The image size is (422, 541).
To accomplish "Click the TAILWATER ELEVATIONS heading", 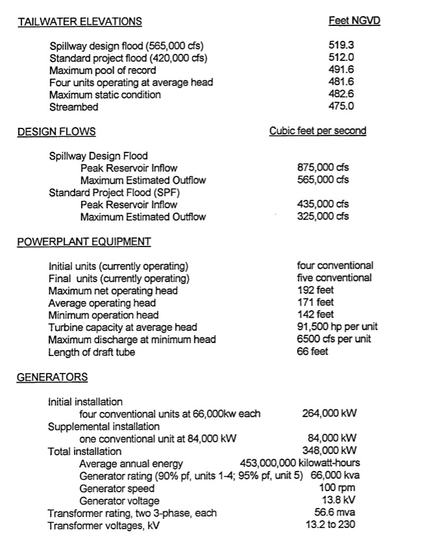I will point(80,21).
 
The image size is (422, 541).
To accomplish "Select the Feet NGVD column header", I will point(354,21).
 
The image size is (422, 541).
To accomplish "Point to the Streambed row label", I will point(74,107).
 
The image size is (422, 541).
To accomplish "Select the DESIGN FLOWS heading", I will point(56,132).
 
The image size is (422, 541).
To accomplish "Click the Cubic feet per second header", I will point(318,131).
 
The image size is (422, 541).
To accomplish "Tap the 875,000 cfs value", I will point(323,168).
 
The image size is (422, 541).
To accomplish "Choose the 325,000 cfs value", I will point(323,217).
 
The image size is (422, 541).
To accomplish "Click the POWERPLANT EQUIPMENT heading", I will point(84,242).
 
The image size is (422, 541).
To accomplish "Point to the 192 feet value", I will point(316,291).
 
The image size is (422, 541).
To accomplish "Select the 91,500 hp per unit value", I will point(337,327).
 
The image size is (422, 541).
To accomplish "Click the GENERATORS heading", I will point(52,377).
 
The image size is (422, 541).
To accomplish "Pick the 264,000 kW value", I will point(330,413).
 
